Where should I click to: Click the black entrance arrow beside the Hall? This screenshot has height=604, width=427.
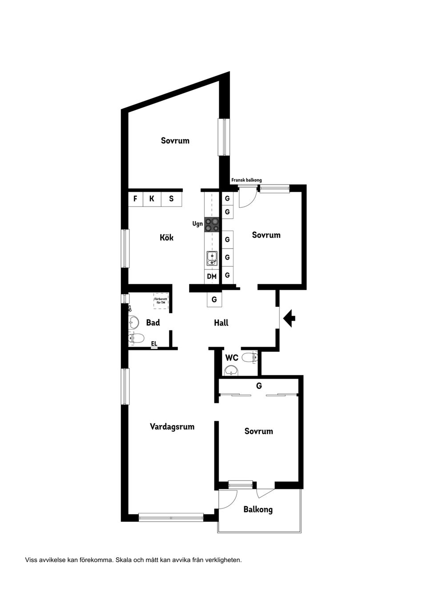[290, 318]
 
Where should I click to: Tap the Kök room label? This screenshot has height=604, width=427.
[166, 238]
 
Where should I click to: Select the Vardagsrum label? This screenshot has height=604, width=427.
[172, 427]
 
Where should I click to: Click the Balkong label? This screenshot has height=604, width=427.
[258, 509]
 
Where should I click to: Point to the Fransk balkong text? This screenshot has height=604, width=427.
[246, 180]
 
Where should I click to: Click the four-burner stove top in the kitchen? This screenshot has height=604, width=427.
[212, 224]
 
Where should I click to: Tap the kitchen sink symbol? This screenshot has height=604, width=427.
[212, 258]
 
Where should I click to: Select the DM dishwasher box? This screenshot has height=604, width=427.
[212, 276]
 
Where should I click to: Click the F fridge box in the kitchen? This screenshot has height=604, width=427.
[135, 199]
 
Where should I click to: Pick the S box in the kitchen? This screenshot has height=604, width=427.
[171, 199]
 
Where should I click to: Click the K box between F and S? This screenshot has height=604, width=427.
[152, 199]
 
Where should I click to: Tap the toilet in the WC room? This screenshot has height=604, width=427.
[250, 357]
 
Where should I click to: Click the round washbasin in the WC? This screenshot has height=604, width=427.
[230, 370]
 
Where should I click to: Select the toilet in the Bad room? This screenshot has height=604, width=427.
[136, 338]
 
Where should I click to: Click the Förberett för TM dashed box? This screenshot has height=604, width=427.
[161, 301]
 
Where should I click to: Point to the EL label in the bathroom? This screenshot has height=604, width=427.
[154, 343]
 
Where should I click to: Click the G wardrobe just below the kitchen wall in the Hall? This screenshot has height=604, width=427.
[214, 300]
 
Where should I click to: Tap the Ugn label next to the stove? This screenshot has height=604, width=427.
[197, 224]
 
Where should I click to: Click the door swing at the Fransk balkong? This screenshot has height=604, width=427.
[246, 198]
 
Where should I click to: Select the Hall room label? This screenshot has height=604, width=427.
[221, 323]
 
